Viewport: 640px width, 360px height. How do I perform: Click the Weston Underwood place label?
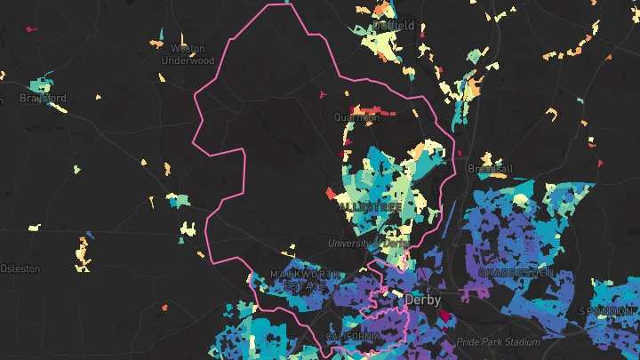coord(188,54)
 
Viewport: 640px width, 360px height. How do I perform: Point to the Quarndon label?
coord(356,116)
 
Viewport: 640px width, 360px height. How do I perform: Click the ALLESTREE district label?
coord(370,206)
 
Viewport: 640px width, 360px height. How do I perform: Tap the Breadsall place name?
coord(491,168)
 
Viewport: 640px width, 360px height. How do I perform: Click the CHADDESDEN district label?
coord(516,272)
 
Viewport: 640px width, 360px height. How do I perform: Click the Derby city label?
coord(423,300)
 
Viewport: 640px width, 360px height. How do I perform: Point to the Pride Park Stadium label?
coord(499,342)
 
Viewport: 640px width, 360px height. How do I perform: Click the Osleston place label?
coord(20,268)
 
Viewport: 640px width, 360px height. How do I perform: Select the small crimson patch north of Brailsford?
coord(31,29)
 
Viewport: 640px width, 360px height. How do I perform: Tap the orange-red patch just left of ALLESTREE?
coord(331,193)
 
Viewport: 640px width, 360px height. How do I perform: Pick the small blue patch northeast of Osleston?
coord(88,236)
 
